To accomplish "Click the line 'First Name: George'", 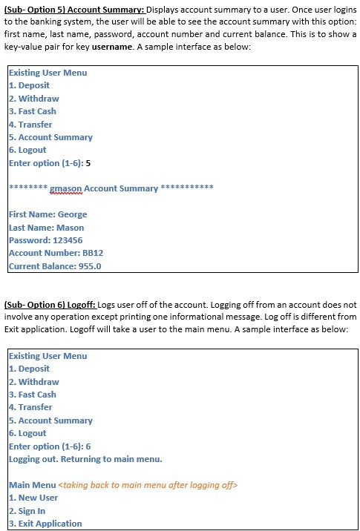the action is (48, 214).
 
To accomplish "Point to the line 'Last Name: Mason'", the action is (46, 228).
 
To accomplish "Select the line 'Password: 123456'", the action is (45, 240).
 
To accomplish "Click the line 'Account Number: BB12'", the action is (56, 253).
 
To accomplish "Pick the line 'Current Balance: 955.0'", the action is (55, 266).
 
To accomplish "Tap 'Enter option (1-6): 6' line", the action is (50, 446).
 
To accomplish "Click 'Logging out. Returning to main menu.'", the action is (85, 459).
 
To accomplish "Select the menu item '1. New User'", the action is (33, 498).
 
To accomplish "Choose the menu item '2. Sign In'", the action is (27, 511).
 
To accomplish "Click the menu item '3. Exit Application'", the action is (45, 524).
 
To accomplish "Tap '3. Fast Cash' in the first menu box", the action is (33, 111).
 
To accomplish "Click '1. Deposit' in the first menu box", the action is (29, 85).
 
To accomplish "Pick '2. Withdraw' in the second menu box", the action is (34, 382).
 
